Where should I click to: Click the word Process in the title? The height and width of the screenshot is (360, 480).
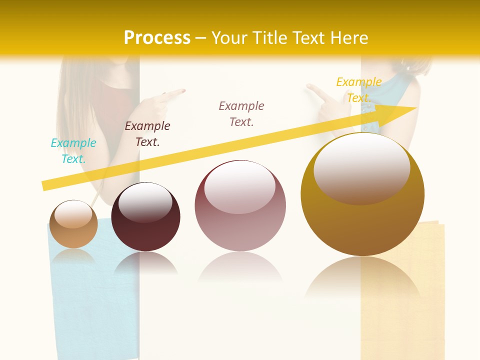point(157,38)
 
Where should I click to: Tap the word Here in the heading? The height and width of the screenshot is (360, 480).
point(348,38)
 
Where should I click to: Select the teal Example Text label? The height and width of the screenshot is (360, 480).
point(73,151)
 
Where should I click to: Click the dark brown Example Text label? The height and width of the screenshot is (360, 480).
point(147,134)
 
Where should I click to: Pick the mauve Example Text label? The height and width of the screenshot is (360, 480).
point(241,114)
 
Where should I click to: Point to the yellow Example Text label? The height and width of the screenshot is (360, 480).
point(359,90)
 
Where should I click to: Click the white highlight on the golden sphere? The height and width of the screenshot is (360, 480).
point(362,167)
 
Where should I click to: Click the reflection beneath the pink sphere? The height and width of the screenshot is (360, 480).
point(240,270)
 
